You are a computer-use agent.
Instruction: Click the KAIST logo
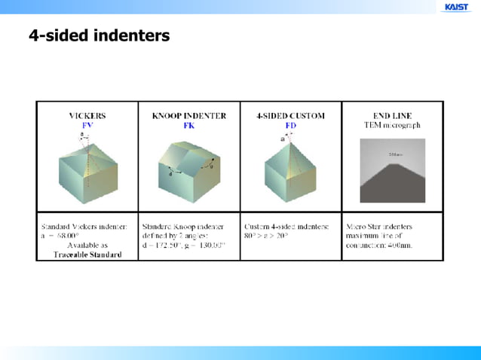tap(456, 8)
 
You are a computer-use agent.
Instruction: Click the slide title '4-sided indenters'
tap(99, 35)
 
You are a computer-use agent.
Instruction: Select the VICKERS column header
tap(87, 116)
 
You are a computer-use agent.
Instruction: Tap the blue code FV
tap(87, 125)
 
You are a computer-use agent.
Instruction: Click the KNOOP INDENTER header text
tap(188, 116)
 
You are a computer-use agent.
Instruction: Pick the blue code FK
tap(188, 125)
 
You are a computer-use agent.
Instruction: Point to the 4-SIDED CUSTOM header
tap(290, 116)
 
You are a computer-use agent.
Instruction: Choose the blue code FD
tap(290, 125)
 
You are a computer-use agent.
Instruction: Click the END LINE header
tap(392, 116)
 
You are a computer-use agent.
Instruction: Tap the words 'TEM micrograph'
tap(392, 125)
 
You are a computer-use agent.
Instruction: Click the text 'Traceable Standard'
tap(87, 255)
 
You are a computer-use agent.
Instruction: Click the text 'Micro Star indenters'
tap(378, 226)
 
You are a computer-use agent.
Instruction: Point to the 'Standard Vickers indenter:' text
tap(84, 226)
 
